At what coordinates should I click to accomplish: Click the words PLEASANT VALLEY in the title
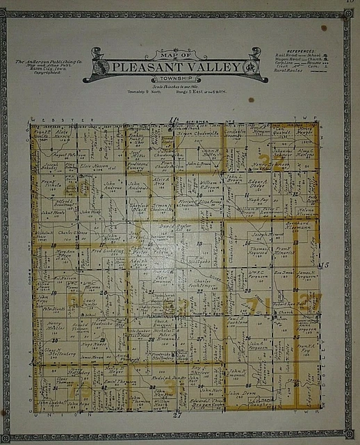[x=176, y=67]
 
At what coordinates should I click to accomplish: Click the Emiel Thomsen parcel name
[x=120, y=381]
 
